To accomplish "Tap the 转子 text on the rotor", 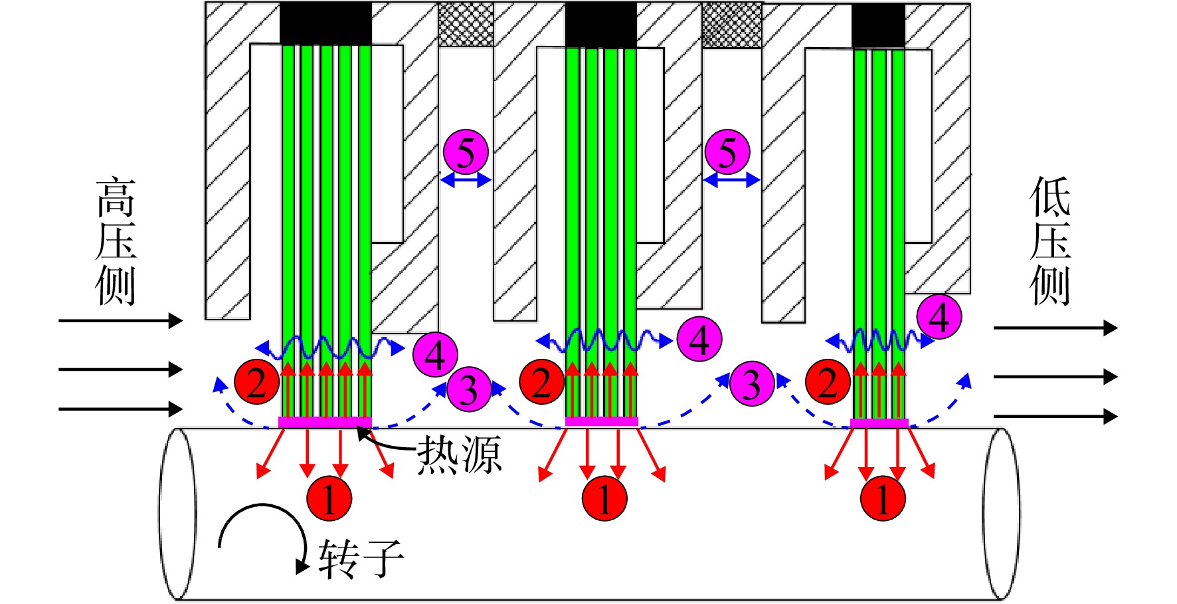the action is (361, 559).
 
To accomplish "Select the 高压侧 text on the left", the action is (116, 241).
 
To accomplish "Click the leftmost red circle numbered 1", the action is (329, 498).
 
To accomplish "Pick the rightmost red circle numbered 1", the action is (883, 498).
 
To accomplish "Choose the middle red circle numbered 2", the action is (541, 382).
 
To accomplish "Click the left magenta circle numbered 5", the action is (466, 152).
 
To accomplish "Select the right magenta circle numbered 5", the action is (727, 152).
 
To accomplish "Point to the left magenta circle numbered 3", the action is (469, 389).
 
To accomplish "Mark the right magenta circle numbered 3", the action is (751, 383).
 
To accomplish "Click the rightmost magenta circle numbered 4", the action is (939, 316).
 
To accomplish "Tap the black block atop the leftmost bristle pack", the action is (325, 24).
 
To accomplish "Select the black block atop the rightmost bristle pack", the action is (878, 26).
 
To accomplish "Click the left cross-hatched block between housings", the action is (466, 25).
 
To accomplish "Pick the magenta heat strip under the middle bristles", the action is (601, 421).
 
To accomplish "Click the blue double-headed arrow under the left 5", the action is (466, 179).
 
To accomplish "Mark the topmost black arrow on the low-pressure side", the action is (1055, 328).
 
